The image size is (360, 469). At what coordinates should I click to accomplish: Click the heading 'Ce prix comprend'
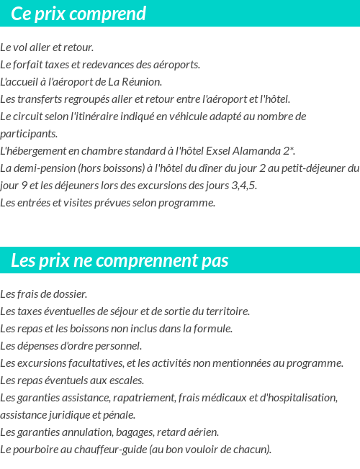point(78,14)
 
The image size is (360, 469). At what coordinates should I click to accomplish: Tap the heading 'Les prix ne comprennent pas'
point(120,260)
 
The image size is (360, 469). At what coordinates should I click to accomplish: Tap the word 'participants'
point(28,134)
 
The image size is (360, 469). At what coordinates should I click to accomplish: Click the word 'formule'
point(212,329)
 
